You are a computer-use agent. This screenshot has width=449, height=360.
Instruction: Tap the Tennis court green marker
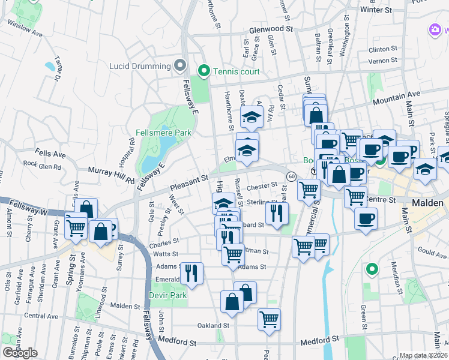[x=203, y=72]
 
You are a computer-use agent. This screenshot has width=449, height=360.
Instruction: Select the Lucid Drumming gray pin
[x=179, y=65]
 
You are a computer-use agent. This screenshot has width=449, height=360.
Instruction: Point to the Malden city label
[x=429, y=203]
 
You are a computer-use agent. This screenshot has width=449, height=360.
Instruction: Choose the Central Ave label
[x=41, y=316]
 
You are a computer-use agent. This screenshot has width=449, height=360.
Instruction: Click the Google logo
[x=20, y=353]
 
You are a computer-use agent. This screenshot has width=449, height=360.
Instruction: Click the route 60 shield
[x=291, y=176]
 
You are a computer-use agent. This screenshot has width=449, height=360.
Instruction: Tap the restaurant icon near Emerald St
[x=191, y=273]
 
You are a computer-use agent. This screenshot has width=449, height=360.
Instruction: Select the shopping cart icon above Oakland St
[x=270, y=319]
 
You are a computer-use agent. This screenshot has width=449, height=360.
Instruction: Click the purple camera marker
[x=436, y=29]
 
